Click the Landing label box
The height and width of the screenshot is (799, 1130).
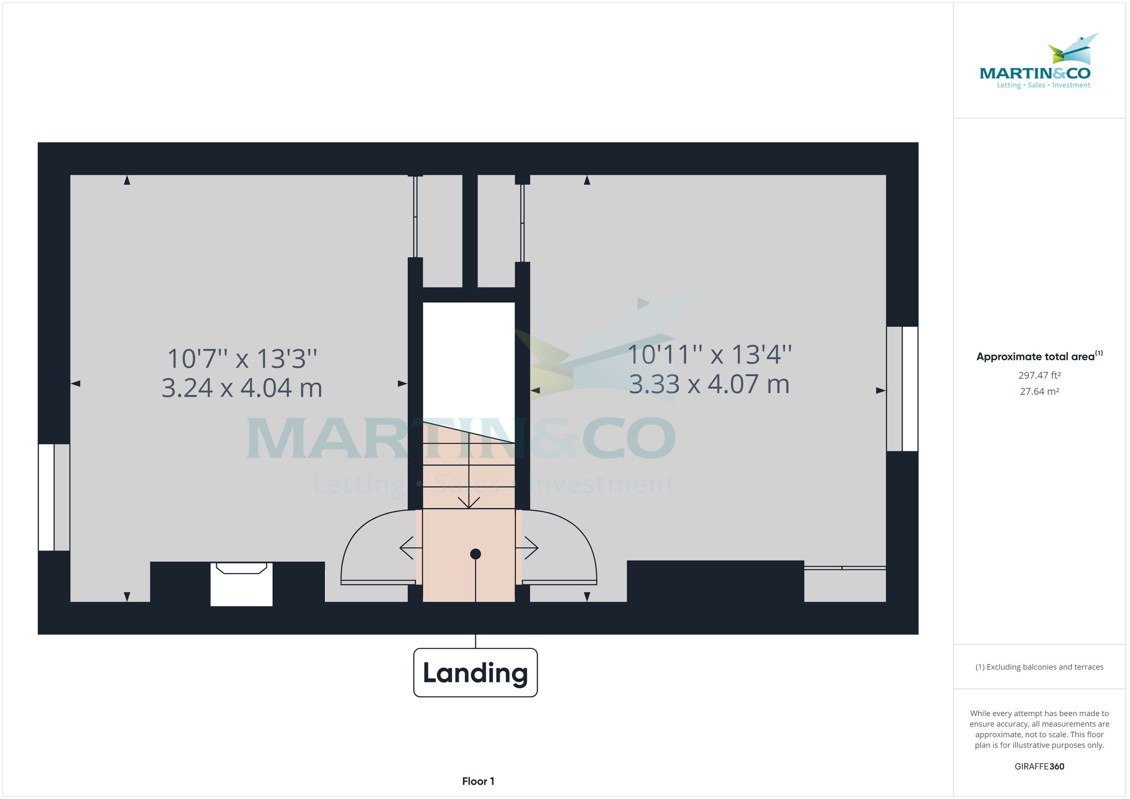(475, 672)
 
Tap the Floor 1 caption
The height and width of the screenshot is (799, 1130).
(478, 781)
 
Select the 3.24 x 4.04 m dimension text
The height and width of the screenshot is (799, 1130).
(242, 388)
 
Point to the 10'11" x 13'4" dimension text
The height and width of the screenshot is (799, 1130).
(709, 354)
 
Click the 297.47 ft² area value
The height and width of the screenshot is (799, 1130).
(1040, 376)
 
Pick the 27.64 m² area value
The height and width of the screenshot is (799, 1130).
(1040, 392)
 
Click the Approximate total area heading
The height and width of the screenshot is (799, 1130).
(1040, 356)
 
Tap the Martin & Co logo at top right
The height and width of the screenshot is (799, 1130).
(1035, 61)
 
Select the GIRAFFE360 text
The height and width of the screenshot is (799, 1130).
(1040, 767)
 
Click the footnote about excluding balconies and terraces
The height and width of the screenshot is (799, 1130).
(1040, 667)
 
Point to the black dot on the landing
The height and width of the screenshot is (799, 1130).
(476, 554)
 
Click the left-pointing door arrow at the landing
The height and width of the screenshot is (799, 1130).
(411, 548)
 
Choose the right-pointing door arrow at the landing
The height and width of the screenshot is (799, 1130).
(527, 548)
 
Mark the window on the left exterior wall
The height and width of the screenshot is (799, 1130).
(54, 497)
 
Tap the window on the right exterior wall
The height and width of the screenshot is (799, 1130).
(902, 389)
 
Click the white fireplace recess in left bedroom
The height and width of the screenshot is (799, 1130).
(241, 584)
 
